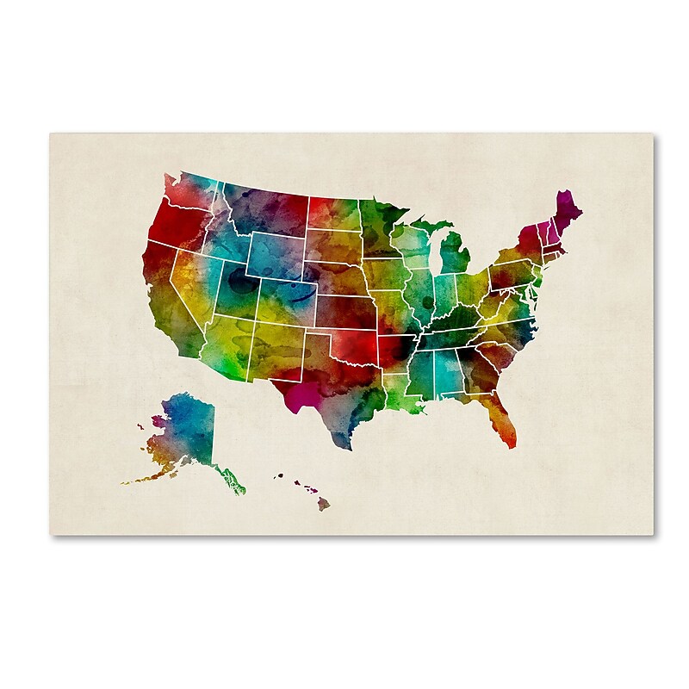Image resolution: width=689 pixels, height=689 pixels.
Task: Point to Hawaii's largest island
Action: pos(323,503)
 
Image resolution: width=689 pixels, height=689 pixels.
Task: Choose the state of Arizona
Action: pos(225,344)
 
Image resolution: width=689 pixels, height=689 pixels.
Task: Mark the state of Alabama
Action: pos(447,370)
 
